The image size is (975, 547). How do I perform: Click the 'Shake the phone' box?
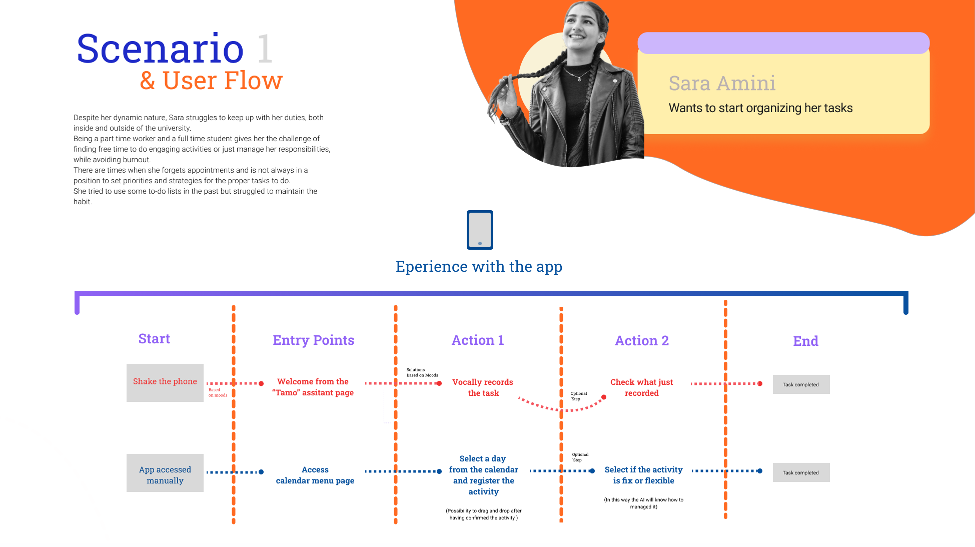pyautogui.click(x=165, y=382)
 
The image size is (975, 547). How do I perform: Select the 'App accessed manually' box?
pyautogui.click(x=165, y=472)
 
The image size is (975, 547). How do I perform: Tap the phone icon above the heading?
pyautogui.click(x=480, y=230)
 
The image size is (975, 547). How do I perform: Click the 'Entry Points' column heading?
pyautogui.click(x=314, y=340)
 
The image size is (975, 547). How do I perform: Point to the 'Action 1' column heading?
pyautogui.click(x=478, y=340)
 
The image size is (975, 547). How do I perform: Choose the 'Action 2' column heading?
pyautogui.click(x=642, y=341)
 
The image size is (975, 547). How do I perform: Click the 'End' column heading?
pyautogui.click(x=806, y=341)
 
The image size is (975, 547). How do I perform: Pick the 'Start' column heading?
pyautogui.click(x=154, y=339)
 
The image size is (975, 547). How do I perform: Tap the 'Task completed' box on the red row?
pyautogui.click(x=801, y=384)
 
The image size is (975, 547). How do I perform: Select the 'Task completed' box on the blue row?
pyautogui.click(x=801, y=472)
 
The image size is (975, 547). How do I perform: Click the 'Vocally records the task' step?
pyautogui.click(x=483, y=387)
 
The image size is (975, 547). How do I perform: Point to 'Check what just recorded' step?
pyautogui.click(x=642, y=387)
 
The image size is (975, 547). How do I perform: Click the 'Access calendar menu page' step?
pyautogui.click(x=315, y=475)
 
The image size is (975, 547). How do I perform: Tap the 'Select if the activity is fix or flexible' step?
pyautogui.click(x=644, y=475)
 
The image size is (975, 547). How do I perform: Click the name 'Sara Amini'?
pyautogui.click(x=722, y=83)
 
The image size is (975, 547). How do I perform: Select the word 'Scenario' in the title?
pyautogui.click(x=160, y=49)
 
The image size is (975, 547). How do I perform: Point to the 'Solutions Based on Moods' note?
pyautogui.click(x=422, y=372)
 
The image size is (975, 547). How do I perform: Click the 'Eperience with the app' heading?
pyautogui.click(x=479, y=267)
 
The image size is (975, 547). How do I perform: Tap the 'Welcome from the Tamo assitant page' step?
pyautogui.click(x=313, y=387)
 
